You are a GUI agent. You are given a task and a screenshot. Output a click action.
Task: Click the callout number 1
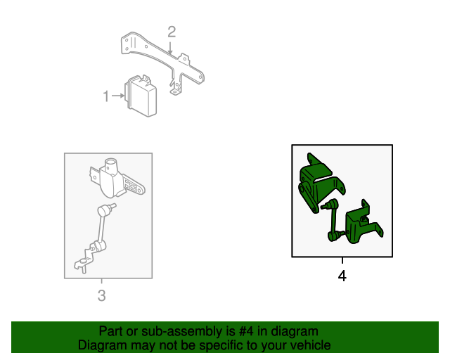[x=106, y=96]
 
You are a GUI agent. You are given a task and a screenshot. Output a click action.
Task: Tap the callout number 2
[x=171, y=31]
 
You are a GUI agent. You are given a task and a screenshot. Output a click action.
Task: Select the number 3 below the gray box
[x=101, y=296]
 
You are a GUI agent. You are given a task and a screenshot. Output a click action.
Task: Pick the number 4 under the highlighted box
[x=342, y=276]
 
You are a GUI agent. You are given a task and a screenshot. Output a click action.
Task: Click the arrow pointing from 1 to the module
[x=117, y=96]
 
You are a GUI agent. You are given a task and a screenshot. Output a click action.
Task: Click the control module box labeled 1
[x=141, y=95]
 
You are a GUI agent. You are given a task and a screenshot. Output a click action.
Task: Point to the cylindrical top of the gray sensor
[x=111, y=166]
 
